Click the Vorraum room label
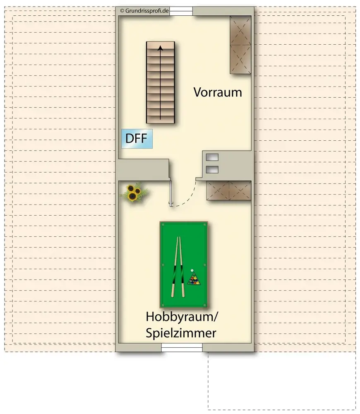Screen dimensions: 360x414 click(218, 92)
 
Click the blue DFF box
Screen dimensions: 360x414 click(137, 139)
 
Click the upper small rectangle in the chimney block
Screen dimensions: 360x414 click(212, 157)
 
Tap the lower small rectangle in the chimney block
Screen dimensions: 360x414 click(212, 169)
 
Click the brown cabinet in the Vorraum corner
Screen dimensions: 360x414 click(240, 45)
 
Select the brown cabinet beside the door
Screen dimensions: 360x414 click(229, 190)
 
